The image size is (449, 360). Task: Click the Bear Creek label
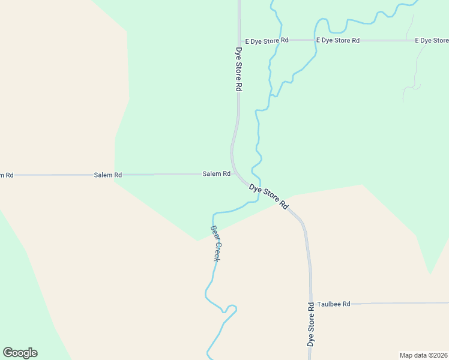(x=215, y=243)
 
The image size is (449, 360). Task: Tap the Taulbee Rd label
(x=333, y=304)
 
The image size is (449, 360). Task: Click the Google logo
(x=20, y=353)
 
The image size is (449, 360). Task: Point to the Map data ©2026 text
(x=423, y=355)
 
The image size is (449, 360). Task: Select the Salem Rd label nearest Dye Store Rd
(x=216, y=174)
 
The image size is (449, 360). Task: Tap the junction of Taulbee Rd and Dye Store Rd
(x=311, y=304)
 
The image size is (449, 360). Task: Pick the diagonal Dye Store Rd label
(x=269, y=197)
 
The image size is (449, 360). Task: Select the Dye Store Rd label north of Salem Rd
(x=238, y=69)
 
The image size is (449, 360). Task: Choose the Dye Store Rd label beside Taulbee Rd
(x=311, y=324)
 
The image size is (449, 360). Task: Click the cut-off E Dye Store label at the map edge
(x=432, y=40)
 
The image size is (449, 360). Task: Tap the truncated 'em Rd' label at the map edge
(x=6, y=175)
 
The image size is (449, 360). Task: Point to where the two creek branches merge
(x=274, y=95)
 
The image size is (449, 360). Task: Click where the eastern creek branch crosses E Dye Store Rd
(x=315, y=40)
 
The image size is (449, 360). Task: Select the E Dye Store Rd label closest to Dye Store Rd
(x=267, y=40)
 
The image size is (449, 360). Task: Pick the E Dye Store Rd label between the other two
(x=338, y=40)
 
